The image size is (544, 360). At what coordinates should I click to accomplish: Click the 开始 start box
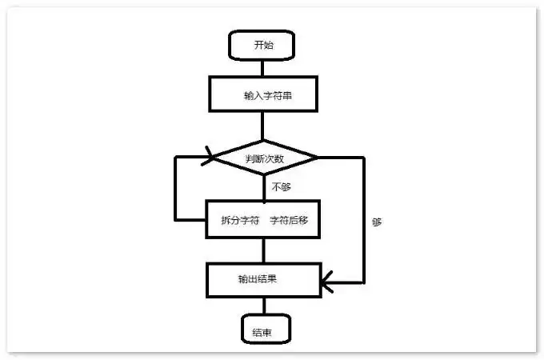[263, 45]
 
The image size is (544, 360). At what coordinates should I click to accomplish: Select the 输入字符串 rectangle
[263, 94]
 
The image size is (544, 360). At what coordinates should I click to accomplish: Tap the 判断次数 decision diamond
[263, 157]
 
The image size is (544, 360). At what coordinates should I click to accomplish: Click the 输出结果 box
[263, 280]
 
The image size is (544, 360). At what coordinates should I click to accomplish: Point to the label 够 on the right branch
[377, 222]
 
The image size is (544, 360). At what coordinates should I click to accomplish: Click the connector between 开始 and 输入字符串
[263, 67]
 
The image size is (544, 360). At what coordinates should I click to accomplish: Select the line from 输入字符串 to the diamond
[263, 125]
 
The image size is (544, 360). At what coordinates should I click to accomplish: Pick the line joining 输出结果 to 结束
[263, 306]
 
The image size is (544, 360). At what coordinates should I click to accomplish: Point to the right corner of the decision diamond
[316, 157]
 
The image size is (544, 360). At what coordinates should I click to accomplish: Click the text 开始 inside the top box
[263, 45]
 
